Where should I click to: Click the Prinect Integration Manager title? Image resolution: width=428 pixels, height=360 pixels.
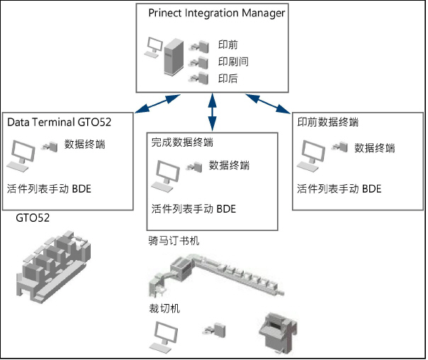click(216, 13)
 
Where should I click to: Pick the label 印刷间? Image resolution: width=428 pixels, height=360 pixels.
click(233, 62)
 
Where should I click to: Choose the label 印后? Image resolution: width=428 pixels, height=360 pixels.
click(228, 78)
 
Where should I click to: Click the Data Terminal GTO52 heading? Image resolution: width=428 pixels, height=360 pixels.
click(69, 122)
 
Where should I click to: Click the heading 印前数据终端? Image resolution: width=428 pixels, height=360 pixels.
click(327, 122)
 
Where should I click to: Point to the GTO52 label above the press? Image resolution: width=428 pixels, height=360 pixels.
click(33, 218)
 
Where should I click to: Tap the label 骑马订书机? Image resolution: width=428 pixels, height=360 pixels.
click(171, 241)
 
